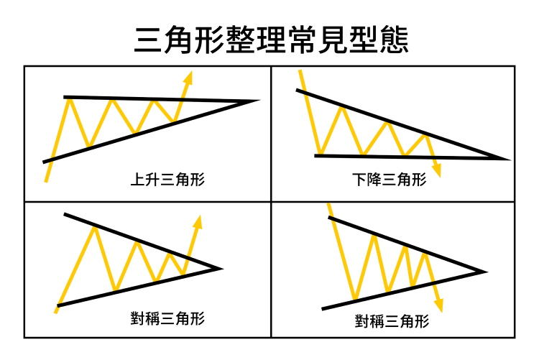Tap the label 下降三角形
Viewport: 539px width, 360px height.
390,180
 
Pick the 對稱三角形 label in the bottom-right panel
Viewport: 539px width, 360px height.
392,321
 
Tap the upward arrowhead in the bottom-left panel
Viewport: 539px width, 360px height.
198,219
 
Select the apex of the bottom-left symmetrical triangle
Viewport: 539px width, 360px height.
218,269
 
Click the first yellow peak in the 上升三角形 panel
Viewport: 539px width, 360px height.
69,99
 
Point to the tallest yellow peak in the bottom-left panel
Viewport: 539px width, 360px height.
93,227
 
